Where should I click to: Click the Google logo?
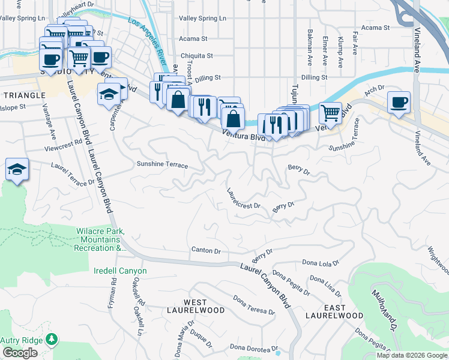[20, 353]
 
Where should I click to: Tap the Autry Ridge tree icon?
[52, 340]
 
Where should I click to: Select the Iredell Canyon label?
[120, 271]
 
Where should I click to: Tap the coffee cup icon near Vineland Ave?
[399, 101]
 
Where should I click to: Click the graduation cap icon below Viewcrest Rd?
[17, 169]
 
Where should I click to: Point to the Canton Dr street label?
[206, 250]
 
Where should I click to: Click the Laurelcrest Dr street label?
[243, 198]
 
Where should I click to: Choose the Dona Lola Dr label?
[321, 262]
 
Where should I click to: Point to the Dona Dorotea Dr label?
[254, 347]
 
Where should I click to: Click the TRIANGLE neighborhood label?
[24, 95]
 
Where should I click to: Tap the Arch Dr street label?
[374, 89]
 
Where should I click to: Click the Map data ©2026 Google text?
[411, 355]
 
